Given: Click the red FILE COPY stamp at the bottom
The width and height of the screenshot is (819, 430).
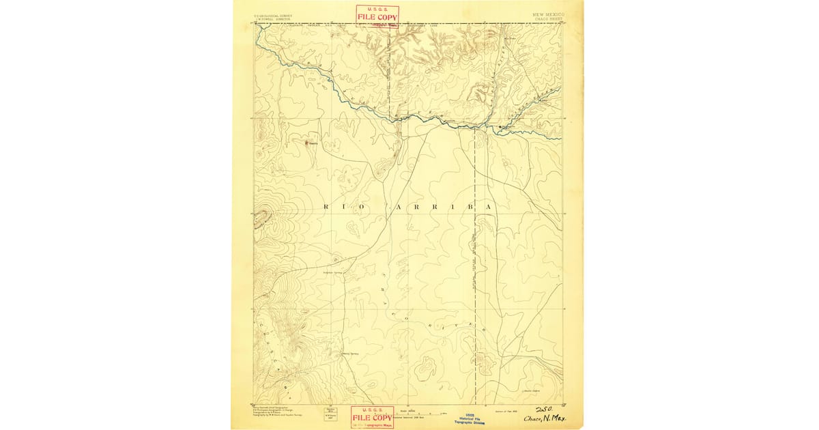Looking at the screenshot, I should point(372,416).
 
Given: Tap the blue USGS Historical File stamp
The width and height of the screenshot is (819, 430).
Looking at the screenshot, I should point(470,418).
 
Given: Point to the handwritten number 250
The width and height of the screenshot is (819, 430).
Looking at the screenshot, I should point(545,409).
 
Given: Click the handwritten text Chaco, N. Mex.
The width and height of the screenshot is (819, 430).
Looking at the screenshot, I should point(545,418).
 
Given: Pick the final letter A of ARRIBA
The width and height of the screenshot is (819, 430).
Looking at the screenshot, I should point(489,206).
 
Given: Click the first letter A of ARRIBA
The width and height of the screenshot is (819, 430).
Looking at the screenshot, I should point(391,206).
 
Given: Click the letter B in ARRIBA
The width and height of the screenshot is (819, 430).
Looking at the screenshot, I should point(470,206).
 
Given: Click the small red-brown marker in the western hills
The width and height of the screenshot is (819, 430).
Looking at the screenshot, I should point(306,143).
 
